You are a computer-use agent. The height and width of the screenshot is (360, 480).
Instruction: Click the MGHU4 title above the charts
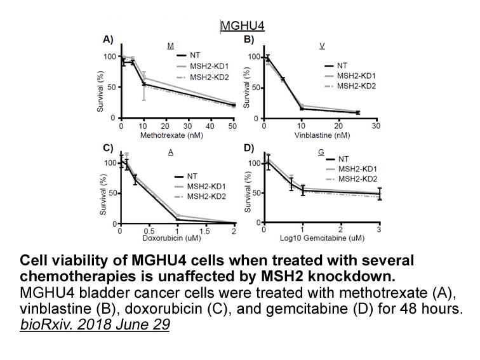(243, 25)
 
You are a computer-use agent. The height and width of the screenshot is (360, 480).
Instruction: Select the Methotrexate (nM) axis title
(171, 135)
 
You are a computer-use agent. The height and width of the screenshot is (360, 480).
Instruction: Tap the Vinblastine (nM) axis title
(322, 135)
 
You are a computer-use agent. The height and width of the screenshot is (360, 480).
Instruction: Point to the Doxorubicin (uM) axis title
(171, 237)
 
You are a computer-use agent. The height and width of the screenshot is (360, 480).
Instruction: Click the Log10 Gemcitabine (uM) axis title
(322, 238)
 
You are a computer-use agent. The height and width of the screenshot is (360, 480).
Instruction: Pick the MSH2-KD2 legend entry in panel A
(203, 77)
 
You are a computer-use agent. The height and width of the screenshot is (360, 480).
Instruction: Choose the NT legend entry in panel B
(336, 65)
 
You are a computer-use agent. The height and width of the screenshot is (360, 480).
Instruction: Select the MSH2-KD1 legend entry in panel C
(200, 186)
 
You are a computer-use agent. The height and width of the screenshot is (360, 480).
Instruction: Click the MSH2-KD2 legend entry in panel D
(352, 179)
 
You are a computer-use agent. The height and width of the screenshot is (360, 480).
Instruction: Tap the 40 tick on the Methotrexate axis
(210, 126)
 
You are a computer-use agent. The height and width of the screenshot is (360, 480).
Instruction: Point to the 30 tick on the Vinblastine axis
(377, 126)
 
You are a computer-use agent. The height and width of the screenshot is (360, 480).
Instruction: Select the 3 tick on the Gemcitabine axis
(379, 229)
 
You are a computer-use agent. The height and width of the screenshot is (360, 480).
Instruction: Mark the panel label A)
(108, 39)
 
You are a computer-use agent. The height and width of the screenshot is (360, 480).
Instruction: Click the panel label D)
(249, 148)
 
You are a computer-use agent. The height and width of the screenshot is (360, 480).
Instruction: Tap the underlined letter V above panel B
(322, 46)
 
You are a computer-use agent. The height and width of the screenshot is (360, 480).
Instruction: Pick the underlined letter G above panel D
(321, 152)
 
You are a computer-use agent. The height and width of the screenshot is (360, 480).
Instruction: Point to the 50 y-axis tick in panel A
(111, 87)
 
